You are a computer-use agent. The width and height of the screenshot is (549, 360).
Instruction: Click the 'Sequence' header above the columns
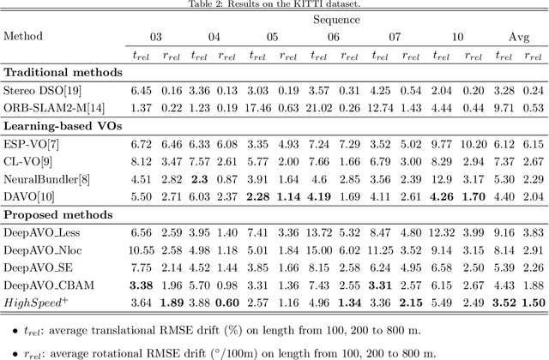click(337, 21)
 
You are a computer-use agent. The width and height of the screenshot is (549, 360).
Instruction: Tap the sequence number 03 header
click(156, 38)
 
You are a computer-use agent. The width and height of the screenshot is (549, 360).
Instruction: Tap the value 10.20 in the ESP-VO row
click(473, 144)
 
